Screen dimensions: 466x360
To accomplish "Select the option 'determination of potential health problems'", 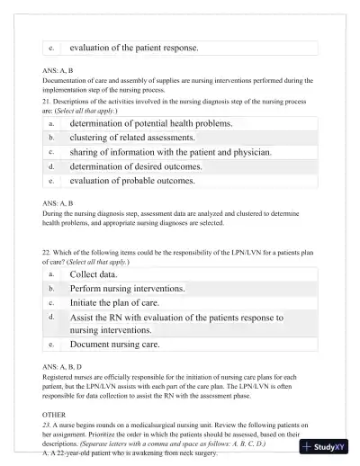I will pos(151,123).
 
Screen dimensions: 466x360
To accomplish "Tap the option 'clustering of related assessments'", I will pos(132,138).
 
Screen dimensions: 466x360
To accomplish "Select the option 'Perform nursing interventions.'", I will pos(128,288).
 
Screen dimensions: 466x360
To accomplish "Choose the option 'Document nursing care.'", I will pos(115,344).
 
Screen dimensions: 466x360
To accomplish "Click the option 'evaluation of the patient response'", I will pos(134,47).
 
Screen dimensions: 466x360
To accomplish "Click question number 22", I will pos(49,252).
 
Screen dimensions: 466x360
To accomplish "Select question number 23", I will pos(49,415).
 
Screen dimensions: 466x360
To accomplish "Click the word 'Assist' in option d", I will pos(83,318).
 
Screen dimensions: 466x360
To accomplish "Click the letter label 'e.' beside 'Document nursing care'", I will pos(51,344).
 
